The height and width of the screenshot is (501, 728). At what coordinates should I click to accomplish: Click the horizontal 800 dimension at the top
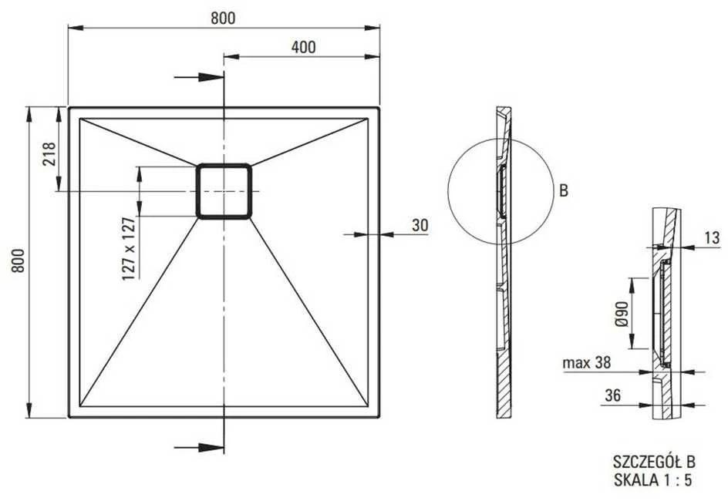pyautogui.click(x=223, y=18)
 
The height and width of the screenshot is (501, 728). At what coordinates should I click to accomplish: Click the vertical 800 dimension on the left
pyautogui.click(x=18, y=261)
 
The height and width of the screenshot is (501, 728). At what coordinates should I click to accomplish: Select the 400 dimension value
pyautogui.click(x=303, y=47)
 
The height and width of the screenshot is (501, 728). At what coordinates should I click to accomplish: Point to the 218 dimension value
pyautogui.click(x=49, y=154)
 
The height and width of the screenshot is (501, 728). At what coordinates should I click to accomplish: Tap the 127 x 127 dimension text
pyautogui.click(x=130, y=249)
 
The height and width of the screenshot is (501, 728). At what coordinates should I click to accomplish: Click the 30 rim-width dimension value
pyautogui.click(x=420, y=225)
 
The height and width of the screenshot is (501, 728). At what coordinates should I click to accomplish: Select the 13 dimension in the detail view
pyautogui.click(x=712, y=238)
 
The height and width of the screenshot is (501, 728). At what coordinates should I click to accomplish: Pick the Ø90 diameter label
pyautogui.click(x=622, y=314)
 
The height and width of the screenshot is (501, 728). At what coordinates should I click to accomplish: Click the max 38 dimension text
pyautogui.click(x=586, y=362)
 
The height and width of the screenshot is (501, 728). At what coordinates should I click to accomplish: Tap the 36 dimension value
pyautogui.click(x=613, y=395)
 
